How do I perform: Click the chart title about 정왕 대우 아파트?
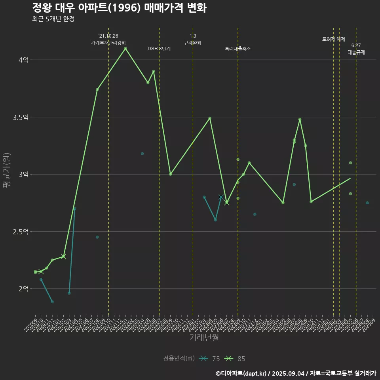point(119,8)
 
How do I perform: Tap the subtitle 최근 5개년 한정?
point(53,19)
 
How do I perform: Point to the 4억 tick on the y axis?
point(23,60)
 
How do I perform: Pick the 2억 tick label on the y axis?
point(23,289)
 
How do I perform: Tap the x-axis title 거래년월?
point(204,338)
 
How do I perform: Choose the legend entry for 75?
point(210,359)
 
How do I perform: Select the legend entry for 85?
point(235,359)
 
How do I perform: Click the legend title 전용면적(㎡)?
point(179,359)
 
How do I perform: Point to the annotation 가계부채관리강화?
point(108,42)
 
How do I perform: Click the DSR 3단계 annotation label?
point(159,49)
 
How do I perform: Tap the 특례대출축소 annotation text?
point(238,49)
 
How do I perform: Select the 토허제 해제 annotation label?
point(334,39)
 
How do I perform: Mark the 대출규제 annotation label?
point(356,52)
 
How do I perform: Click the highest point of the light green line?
point(125,49)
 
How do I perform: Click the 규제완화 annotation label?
point(193,42)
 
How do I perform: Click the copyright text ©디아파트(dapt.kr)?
point(242,373)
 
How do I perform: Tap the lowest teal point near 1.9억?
point(52,302)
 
